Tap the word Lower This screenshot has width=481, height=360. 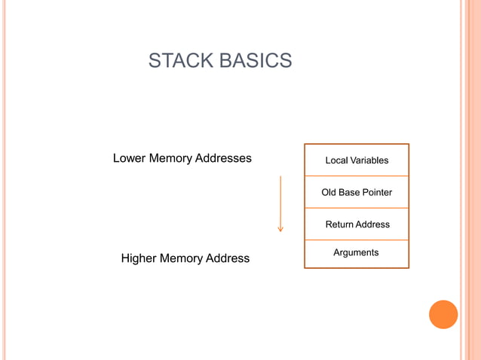(129, 158)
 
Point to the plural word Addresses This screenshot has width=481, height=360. (223, 158)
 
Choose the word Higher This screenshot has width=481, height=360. (139, 258)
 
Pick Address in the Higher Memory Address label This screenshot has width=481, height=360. (228, 258)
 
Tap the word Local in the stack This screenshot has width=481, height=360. (337, 160)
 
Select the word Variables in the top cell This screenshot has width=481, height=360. (369, 160)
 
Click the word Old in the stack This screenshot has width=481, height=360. (329, 193)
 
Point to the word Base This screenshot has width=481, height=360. (349, 193)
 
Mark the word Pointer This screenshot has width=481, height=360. (378, 193)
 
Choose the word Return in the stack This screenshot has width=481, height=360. (339, 224)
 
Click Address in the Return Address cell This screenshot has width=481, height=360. (372, 224)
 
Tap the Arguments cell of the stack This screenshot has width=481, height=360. (356, 253)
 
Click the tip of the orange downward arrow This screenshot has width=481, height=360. (280, 230)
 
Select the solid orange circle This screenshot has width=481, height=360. (443, 314)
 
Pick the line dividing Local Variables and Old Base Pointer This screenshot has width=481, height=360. (357, 176)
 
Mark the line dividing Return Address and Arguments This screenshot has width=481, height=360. (357, 240)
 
